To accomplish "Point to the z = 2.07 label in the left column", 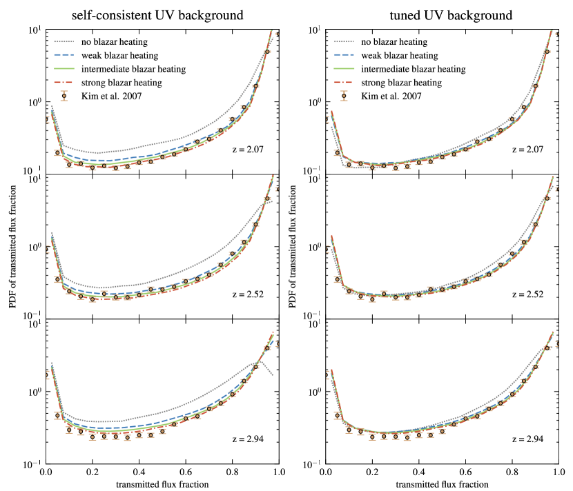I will tap(248, 149).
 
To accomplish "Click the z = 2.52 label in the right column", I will tap(527, 294).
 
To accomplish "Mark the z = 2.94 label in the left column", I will tap(248, 439).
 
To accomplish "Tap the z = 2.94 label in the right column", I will tap(527, 439).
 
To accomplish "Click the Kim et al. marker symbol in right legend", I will tap(343, 96).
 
